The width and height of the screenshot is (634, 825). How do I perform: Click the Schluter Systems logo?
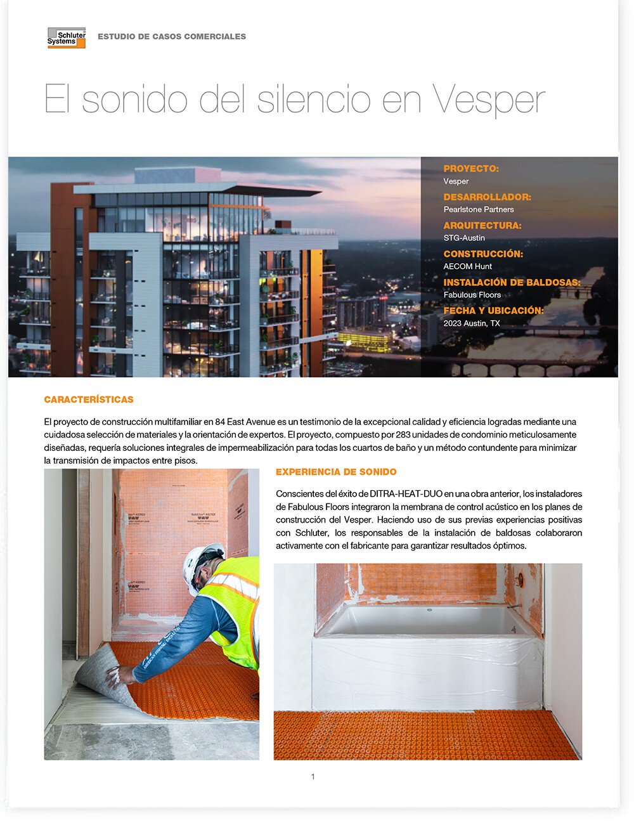click(x=67, y=37)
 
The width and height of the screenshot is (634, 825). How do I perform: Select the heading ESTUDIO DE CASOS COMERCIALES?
click(x=172, y=37)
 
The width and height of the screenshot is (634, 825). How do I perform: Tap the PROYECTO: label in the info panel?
click(x=471, y=169)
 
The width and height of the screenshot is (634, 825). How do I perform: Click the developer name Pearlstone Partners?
click(x=479, y=209)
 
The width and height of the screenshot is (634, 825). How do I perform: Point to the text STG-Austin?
click(x=464, y=238)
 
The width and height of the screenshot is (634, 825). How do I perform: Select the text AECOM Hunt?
click(x=468, y=266)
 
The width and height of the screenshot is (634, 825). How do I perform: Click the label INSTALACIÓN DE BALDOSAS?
click(x=512, y=282)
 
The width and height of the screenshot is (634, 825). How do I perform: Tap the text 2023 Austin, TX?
click(x=472, y=323)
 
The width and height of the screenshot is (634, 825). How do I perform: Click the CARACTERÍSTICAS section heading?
click(x=89, y=400)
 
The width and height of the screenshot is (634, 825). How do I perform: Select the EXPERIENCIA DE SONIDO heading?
click(x=336, y=472)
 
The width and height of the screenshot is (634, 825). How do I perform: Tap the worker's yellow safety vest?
click(x=234, y=609)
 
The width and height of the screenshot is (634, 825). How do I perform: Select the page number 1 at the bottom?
click(x=313, y=777)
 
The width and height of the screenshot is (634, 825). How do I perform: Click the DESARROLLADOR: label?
click(x=487, y=197)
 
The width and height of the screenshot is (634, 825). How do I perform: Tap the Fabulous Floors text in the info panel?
click(x=472, y=295)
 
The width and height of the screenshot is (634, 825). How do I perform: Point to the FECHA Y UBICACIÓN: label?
click(x=493, y=311)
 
